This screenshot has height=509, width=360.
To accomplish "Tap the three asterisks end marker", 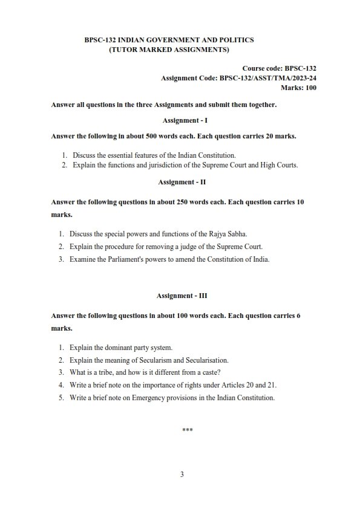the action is (187, 430).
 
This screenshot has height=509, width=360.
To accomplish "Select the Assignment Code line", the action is (238, 79).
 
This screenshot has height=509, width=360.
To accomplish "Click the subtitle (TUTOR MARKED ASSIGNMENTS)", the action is (169, 49).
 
